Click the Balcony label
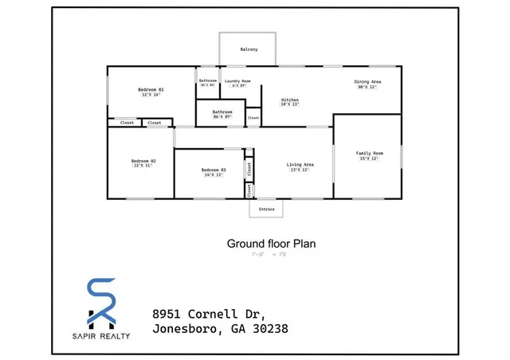click(x=249, y=49)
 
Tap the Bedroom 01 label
click(x=151, y=90)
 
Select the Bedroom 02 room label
click(x=143, y=162)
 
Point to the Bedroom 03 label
click(x=213, y=170)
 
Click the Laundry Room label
click(x=237, y=80)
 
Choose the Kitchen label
click(x=289, y=100)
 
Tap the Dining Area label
click(x=367, y=81)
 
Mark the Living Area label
click(x=300, y=165)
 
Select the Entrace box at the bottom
click(x=267, y=209)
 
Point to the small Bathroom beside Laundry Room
click(x=208, y=81)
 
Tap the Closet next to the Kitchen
click(x=253, y=118)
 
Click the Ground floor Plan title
click(x=271, y=244)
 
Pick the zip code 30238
click(x=269, y=329)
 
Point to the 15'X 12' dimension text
click(x=369, y=158)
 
